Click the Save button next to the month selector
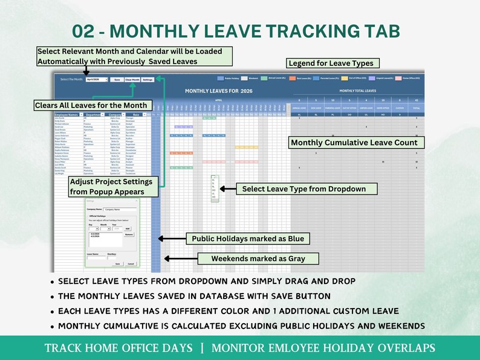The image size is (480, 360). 117,79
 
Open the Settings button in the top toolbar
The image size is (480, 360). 148,79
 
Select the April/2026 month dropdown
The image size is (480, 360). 97,79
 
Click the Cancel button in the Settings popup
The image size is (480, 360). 131,264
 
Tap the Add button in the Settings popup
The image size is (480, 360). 127,229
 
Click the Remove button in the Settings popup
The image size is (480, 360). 129,234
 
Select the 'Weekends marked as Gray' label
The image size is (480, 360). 258,259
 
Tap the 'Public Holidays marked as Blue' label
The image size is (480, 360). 248,239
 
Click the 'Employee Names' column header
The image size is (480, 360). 66,114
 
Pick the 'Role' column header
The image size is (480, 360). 137,114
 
